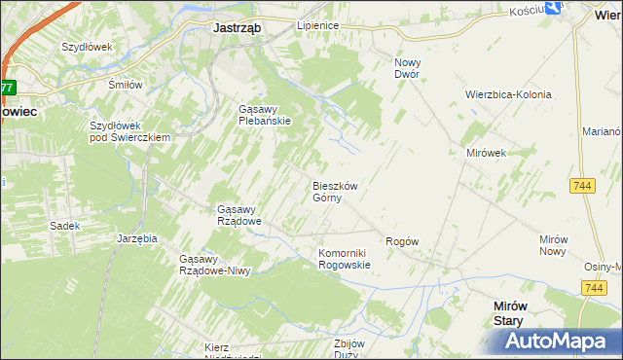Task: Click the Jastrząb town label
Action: tap(237, 28)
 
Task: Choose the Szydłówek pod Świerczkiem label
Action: tap(130, 131)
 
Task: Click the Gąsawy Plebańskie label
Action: tap(265, 115)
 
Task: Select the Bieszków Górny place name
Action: tap(335, 192)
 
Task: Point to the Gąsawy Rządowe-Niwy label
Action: tap(215, 265)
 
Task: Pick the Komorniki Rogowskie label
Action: tap(345, 259)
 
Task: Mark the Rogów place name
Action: tap(402, 241)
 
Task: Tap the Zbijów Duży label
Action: tap(348, 349)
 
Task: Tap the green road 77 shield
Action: tap(7, 88)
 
